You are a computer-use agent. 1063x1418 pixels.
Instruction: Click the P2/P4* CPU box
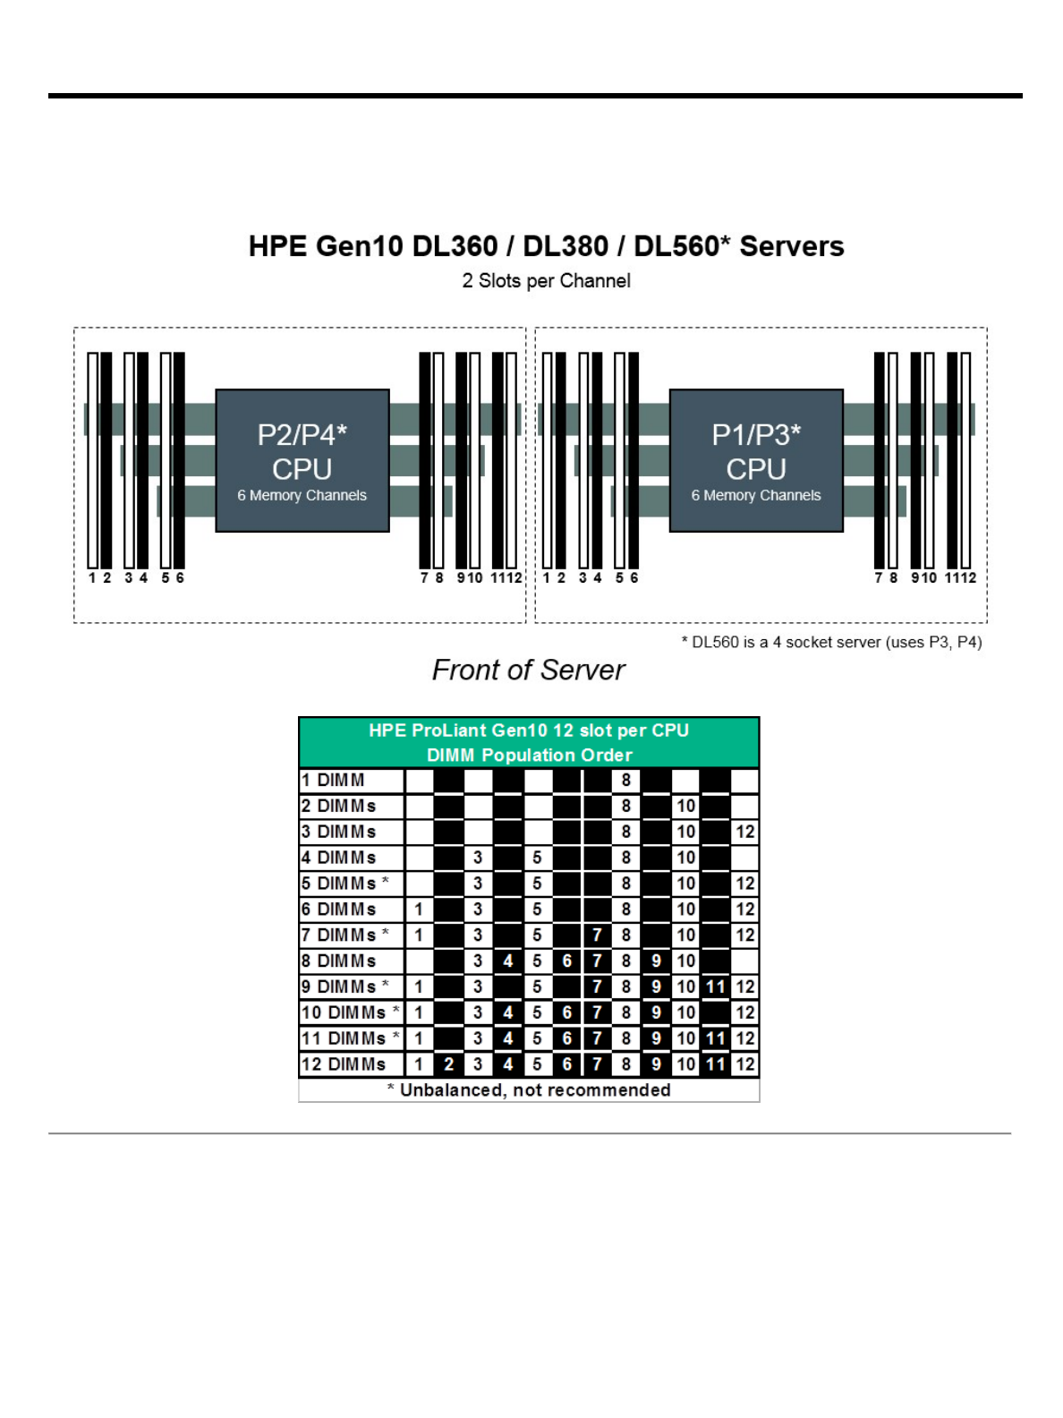302,459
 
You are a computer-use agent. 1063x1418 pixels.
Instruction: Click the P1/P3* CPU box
756,459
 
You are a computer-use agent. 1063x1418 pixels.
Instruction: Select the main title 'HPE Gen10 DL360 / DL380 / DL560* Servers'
546,246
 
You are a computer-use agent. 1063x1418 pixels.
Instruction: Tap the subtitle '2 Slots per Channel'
546,281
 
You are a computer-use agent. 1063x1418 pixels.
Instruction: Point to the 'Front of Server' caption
528,670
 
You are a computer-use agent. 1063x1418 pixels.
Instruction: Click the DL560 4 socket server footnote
831,642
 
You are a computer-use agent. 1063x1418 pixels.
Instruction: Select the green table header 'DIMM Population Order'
529,755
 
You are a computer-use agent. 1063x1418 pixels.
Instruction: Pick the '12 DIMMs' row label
344,1064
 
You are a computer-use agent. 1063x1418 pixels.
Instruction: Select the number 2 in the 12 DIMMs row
448,1064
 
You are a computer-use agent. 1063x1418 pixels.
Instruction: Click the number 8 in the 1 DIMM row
626,781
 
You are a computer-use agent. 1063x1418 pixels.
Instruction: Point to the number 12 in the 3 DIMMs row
744,833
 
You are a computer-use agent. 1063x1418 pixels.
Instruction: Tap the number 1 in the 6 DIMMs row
418,910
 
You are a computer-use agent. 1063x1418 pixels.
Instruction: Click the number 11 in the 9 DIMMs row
715,987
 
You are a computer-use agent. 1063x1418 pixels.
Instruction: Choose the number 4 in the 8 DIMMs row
507,961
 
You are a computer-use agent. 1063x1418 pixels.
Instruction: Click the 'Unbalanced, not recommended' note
529,1090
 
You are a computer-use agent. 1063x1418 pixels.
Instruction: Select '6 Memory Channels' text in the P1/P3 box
756,496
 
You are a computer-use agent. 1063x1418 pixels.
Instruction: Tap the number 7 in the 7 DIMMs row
597,935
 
